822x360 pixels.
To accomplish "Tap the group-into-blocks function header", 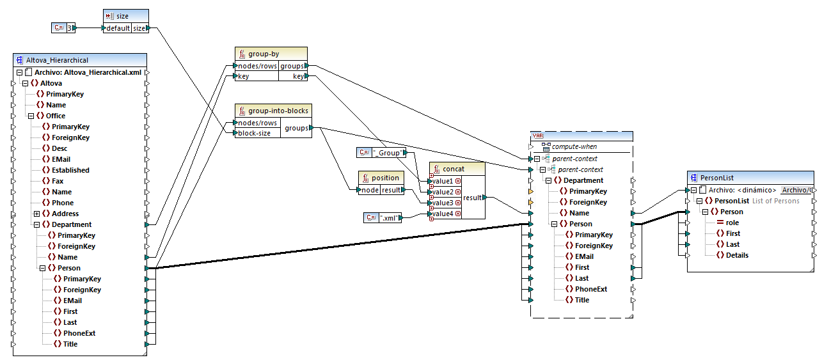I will (x=273, y=111).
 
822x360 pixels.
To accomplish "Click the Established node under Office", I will (x=70, y=170).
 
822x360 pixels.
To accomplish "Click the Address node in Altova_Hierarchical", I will (x=65, y=214).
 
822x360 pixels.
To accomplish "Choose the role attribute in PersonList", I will (x=732, y=223).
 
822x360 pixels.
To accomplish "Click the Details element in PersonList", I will (x=737, y=255).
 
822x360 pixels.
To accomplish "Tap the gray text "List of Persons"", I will (x=775, y=201).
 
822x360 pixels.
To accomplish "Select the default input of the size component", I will (x=117, y=28).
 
